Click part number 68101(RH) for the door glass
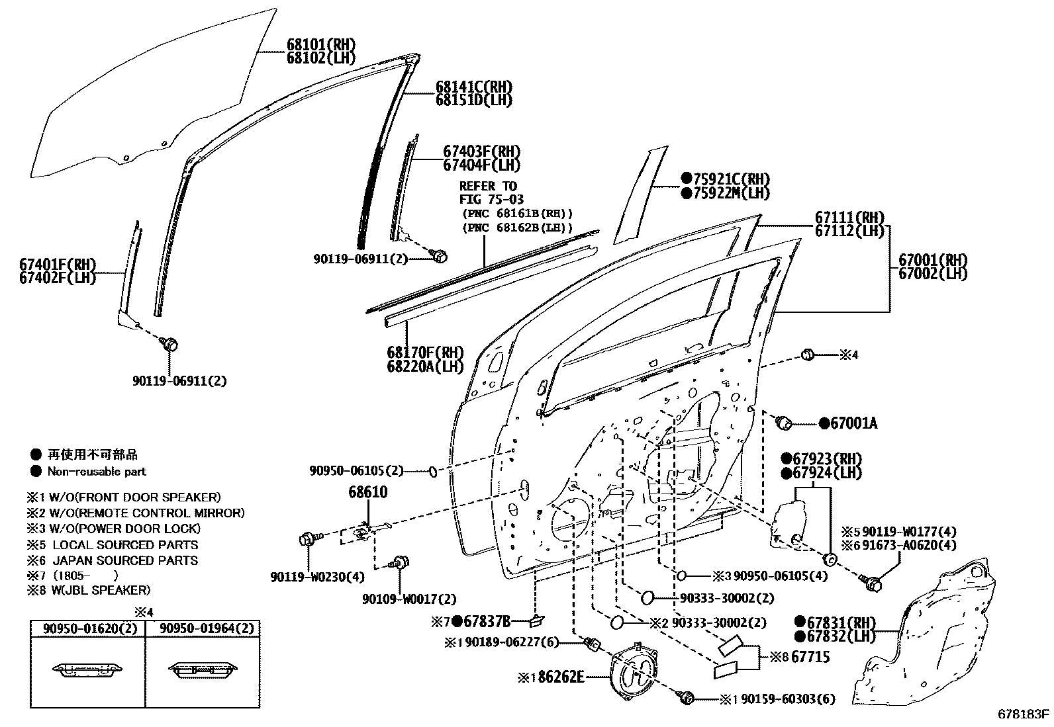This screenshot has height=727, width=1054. coord(320,45)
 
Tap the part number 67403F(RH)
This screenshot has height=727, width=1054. coord(481,151)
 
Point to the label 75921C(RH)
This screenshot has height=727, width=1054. coord(732,179)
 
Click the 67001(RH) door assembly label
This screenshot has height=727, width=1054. coord(932,260)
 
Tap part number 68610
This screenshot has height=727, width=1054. coord(368,492)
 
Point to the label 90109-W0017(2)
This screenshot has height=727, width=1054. coord(409,599)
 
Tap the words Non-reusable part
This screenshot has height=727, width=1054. coord(97,472)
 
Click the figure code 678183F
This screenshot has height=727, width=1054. coord(1024,714)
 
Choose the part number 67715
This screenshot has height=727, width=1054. coord(810,657)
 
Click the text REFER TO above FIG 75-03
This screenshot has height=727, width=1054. coord(488,186)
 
